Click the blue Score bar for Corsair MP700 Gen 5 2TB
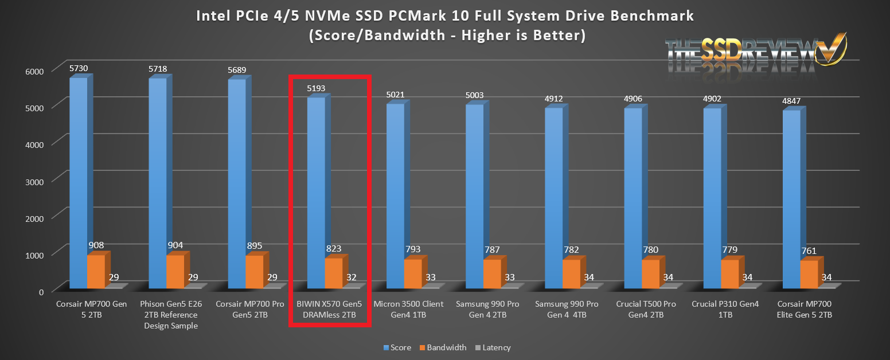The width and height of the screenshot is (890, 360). pos(78,183)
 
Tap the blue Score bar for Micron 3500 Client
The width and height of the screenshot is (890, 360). pos(395,195)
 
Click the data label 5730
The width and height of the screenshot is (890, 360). pos(79,68)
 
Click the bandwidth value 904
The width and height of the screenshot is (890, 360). pos(175,245)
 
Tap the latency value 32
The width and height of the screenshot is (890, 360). pos(352,277)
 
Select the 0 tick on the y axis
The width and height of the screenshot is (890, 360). pos(41,292)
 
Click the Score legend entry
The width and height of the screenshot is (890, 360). pos(396,347)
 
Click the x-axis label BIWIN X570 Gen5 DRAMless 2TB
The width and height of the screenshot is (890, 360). pos(330,310)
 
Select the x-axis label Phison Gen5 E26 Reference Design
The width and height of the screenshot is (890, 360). pos(171,315)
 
